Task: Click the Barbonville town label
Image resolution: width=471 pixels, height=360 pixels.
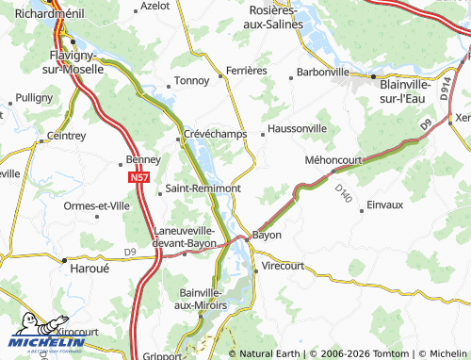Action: [322, 71]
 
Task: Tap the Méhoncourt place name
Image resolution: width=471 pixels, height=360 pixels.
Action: [333, 159]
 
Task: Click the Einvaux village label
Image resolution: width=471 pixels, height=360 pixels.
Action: [383, 205]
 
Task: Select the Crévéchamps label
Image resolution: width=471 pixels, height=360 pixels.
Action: [215, 134]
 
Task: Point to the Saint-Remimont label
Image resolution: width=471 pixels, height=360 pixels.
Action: [203, 188]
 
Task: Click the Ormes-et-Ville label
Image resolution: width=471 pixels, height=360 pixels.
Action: [96, 205]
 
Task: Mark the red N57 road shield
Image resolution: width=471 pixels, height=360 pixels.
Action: [139, 176]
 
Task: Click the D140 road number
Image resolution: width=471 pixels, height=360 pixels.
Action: [343, 195]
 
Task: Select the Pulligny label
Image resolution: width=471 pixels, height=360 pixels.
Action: [35, 97]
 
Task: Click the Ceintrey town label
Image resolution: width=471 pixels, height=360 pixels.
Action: [66, 135]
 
